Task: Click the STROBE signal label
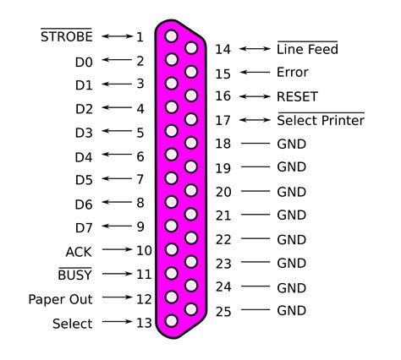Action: [x=66, y=37]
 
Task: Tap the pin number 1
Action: [x=140, y=37]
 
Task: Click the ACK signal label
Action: [x=79, y=252]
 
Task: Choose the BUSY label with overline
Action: [x=74, y=275]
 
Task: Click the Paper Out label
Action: [x=60, y=299]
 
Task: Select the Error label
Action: [x=293, y=74]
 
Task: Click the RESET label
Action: [x=297, y=97]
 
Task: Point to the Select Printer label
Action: [x=321, y=121]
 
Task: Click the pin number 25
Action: [x=223, y=312]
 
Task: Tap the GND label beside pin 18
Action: [x=291, y=145]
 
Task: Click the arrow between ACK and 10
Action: [x=117, y=251]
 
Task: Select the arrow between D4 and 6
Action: [x=117, y=156]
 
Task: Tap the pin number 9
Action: [x=140, y=226]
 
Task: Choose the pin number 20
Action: [x=223, y=192]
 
